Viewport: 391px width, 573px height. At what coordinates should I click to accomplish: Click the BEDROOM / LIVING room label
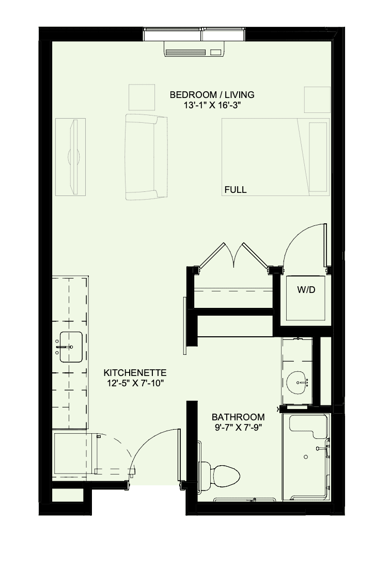coord(212,95)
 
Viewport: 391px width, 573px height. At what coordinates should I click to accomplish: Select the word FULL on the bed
coord(236,190)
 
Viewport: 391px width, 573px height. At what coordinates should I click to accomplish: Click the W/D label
coord(306,290)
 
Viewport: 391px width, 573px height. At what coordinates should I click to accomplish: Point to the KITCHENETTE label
coord(135,373)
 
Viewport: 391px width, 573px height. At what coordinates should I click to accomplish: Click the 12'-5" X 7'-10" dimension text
coord(135,383)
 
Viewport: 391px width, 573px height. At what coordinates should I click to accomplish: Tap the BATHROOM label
coord(238,417)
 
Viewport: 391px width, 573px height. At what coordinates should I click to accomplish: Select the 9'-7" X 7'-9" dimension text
coord(238,427)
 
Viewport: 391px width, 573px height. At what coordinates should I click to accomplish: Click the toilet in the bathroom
coord(219,476)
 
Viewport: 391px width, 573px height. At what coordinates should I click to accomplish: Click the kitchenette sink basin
coord(71,347)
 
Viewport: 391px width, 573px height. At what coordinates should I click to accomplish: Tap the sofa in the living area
coord(146,157)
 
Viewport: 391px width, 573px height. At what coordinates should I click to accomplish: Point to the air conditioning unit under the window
coord(194,49)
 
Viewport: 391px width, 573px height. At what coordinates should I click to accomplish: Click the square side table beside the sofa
coord(142,97)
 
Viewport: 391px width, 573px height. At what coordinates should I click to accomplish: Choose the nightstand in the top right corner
coord(318,100)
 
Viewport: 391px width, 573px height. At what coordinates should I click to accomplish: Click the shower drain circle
coord(306,457)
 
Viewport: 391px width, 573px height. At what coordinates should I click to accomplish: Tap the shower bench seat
coord(308,425)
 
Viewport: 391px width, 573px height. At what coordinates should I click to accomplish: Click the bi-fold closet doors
coord(233,256)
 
